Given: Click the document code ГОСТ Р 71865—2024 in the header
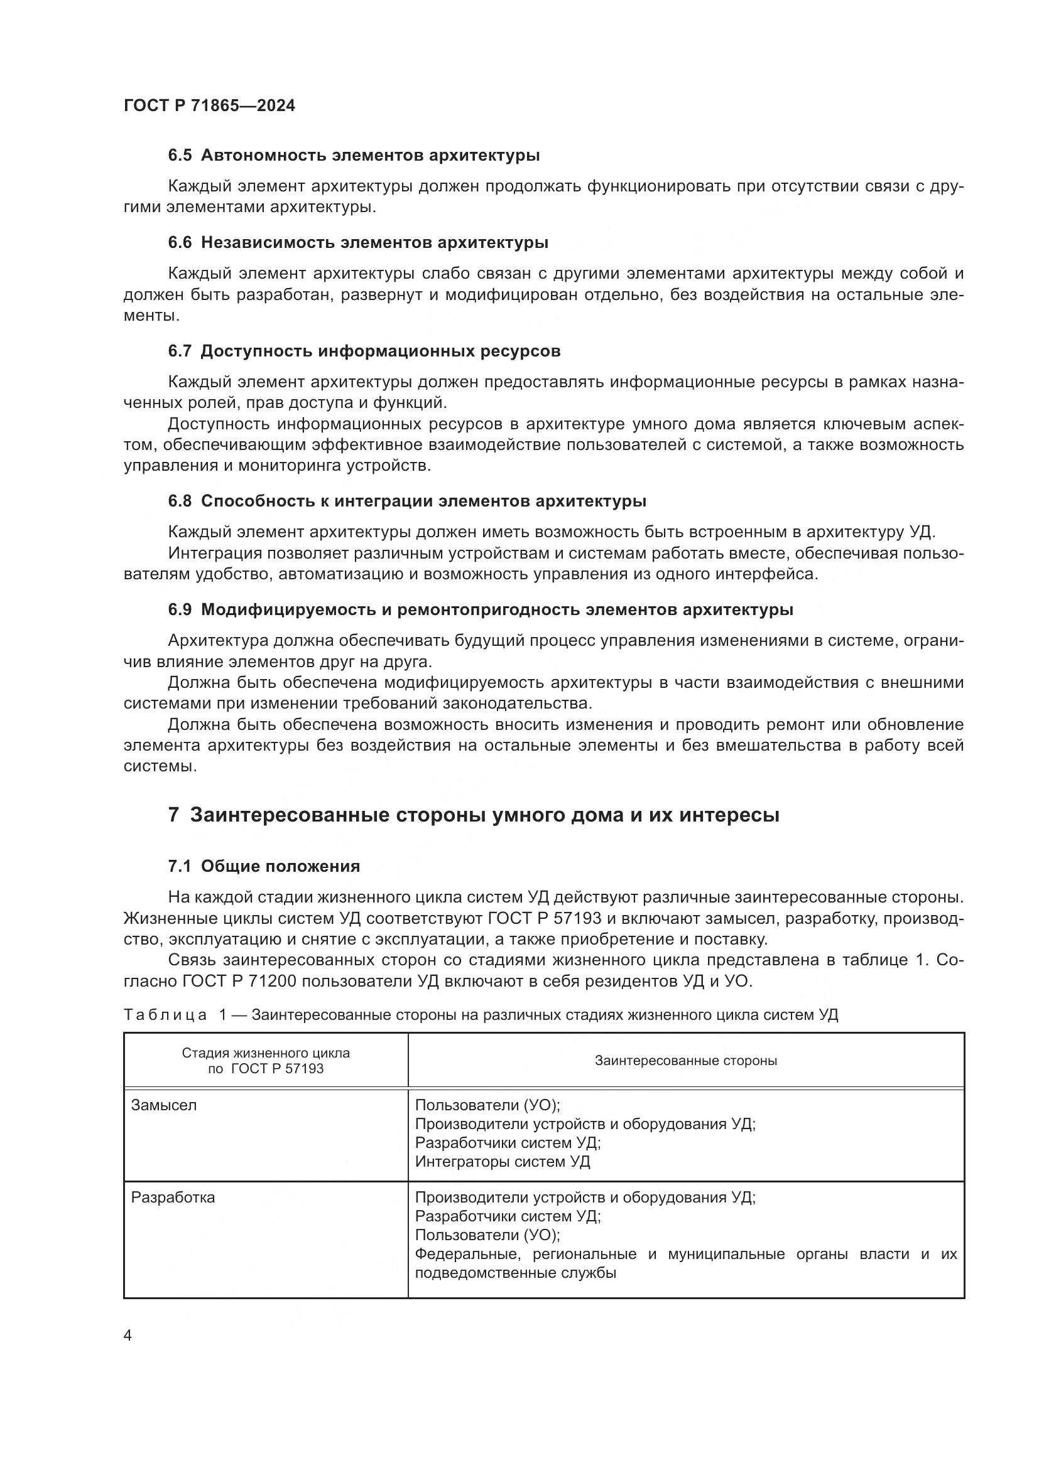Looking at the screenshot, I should coord(209,106).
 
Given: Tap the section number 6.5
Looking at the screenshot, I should coord(180,156).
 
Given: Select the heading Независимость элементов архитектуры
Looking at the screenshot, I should coord(374,242).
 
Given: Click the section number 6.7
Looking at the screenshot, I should coord(180,351).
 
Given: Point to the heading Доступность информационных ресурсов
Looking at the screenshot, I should coord(381,351).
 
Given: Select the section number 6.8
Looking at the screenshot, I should coord(180,501).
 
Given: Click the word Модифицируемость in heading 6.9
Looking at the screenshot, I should coord(288,609).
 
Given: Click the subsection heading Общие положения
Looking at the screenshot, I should coord(280,866).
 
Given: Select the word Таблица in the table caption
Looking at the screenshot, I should coord(165,1015).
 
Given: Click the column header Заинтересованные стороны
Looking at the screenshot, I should coord(686,1061).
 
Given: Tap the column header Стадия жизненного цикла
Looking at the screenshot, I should coord(266,1053).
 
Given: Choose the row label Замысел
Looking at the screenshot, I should coord(164,1105).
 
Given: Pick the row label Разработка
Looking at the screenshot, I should coord(173,1197).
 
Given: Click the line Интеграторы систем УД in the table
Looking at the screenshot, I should coord(503,1162).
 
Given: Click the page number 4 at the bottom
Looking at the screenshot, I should coord(128,1336).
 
